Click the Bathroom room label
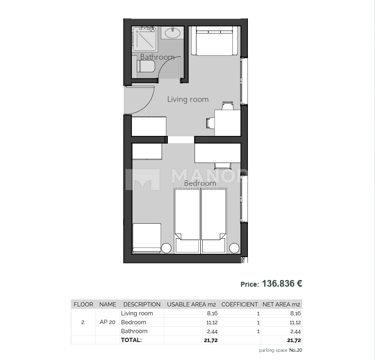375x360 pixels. click(157, 57)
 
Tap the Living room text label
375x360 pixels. click(188, 99)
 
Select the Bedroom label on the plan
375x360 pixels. click(200, 183)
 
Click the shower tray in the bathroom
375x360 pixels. click(145, 38)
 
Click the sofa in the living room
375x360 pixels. click(214, 41)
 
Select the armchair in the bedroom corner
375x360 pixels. click(147, 238)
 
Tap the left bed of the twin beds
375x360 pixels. click(187, 221)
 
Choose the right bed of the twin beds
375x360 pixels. click(214, 221)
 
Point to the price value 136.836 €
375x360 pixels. click(282, 284)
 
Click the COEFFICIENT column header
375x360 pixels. click(240, 305)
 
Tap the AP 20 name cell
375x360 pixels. click(107, 322)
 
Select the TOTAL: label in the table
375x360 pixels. click(131, 340)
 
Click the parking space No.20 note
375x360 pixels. click(281, 350)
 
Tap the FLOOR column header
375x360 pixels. click(83, 305)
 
